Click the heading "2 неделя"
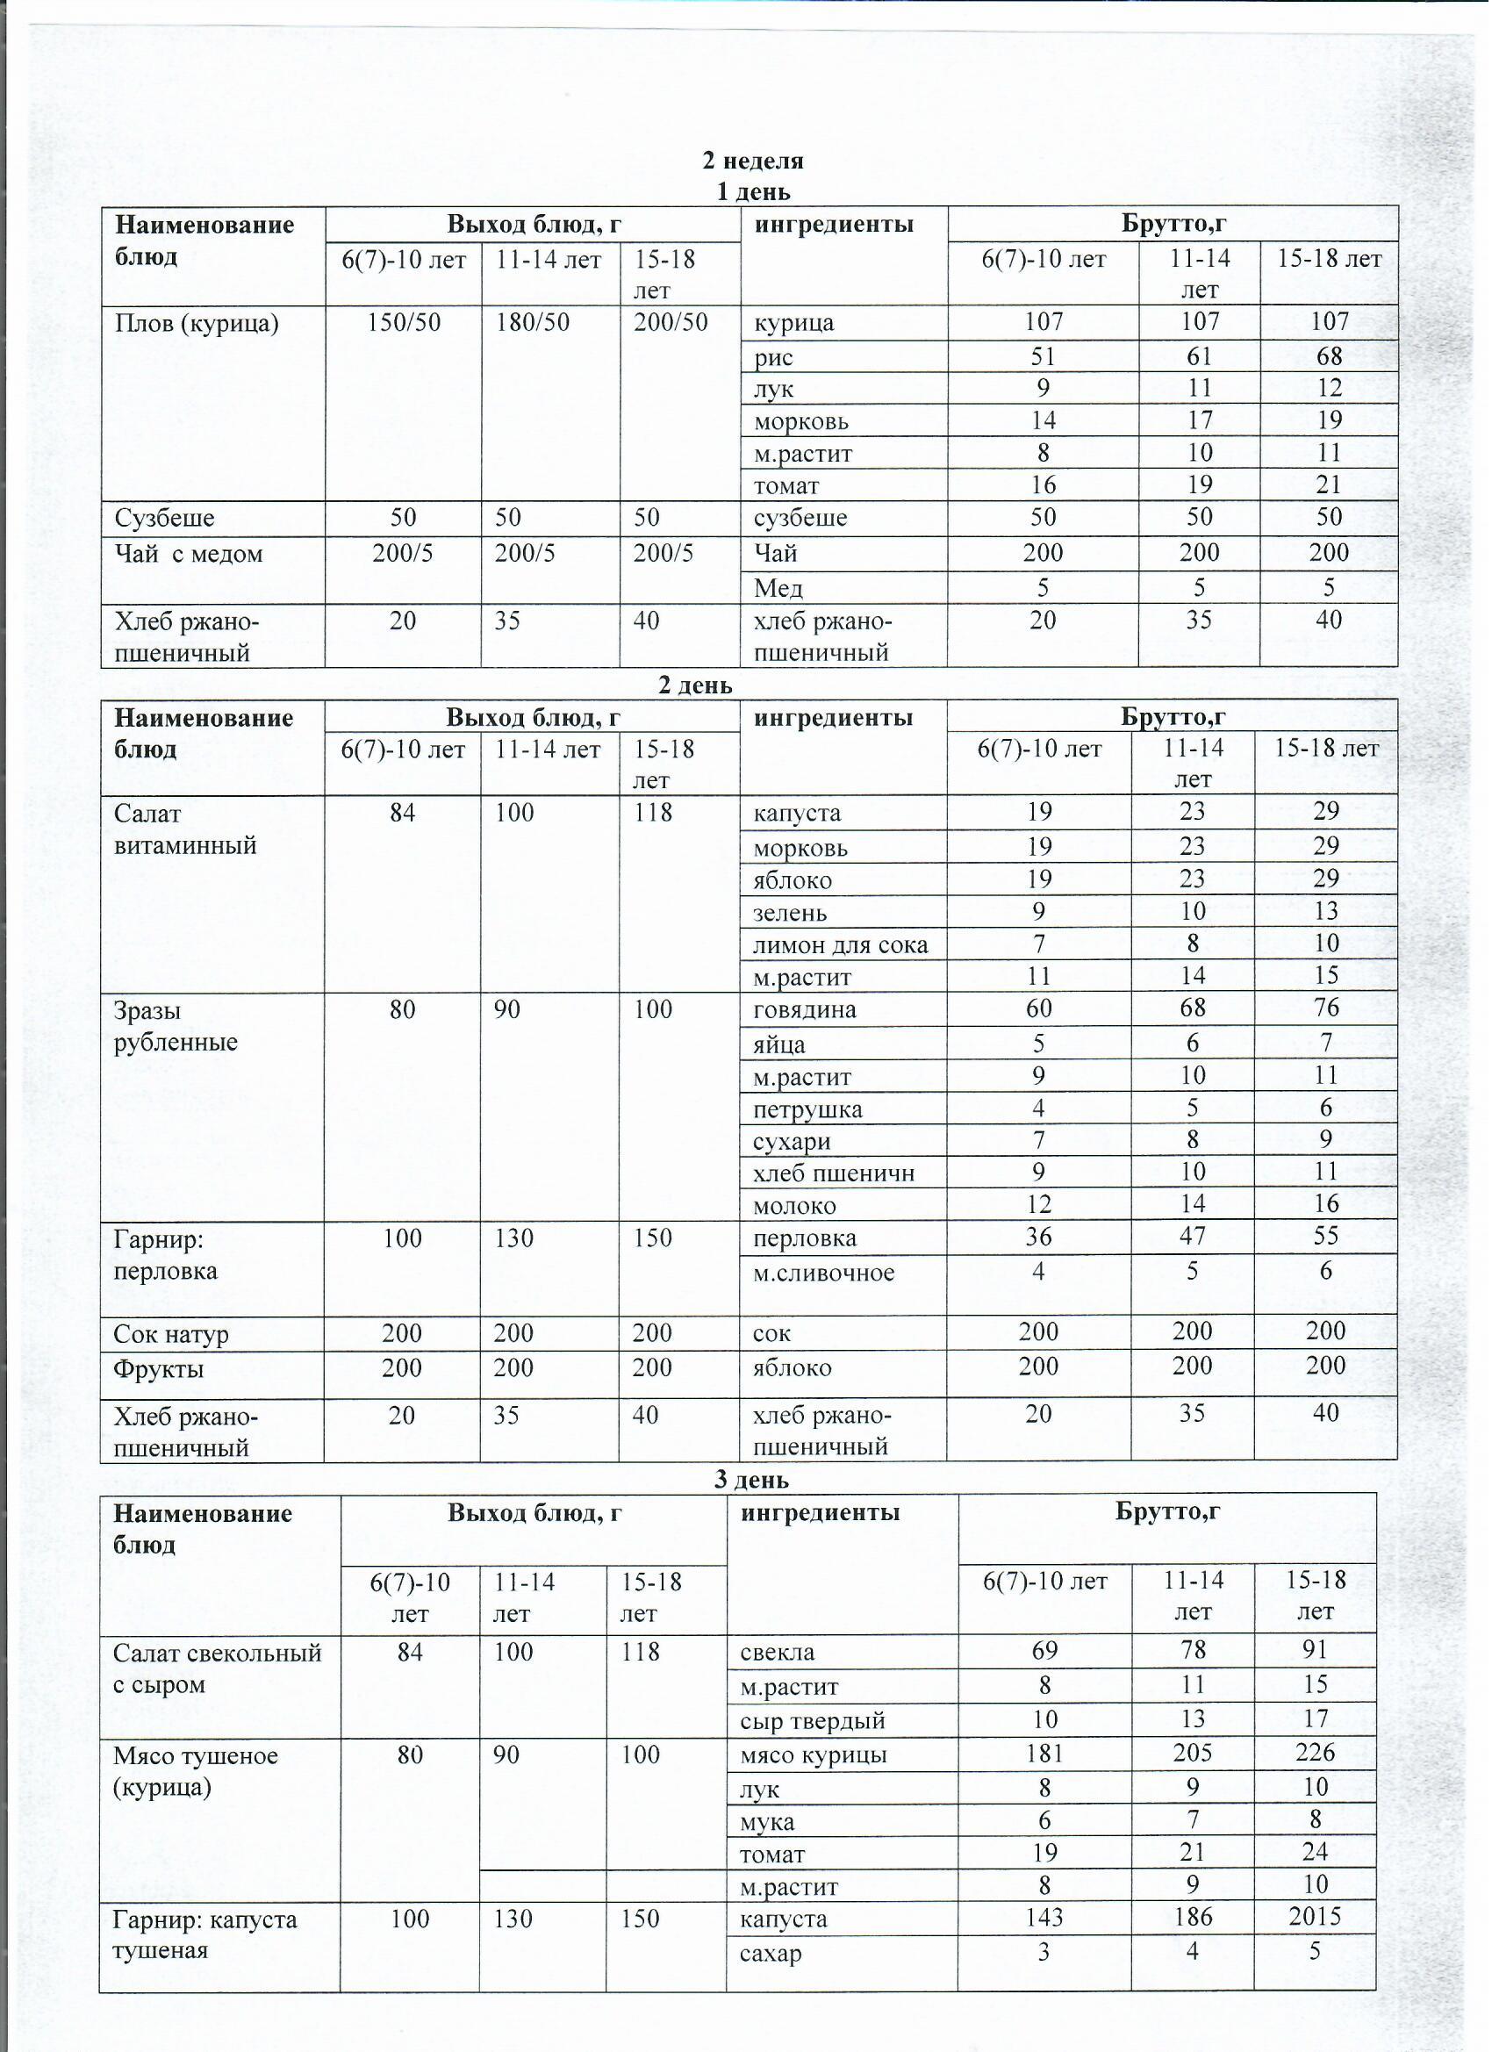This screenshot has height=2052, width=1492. (x=753, y=161)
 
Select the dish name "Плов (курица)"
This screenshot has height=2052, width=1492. (x=197, y=323)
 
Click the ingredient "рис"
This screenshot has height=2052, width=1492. (x=773, y=357)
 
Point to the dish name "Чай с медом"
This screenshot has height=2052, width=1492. (x=188, y=554)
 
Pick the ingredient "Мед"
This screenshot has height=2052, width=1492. (x=778, y=589)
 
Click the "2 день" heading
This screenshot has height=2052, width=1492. (x=695, y=685)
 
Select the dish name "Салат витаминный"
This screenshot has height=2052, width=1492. (x=184, y=829)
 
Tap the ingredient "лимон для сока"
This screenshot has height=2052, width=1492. (x=841, y=945)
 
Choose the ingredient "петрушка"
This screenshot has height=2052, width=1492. (x=807, y=1109)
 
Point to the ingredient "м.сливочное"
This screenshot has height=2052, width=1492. (x=823, y=1273)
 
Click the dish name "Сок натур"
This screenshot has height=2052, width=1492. (x=171, y=1335)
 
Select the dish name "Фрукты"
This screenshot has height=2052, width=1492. (x=158, y=1369)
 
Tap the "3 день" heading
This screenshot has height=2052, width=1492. (x=751, y=1480)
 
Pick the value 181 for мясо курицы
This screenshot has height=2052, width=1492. (x=1044, y=1754)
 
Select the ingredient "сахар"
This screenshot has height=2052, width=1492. (x=771, y=1952)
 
